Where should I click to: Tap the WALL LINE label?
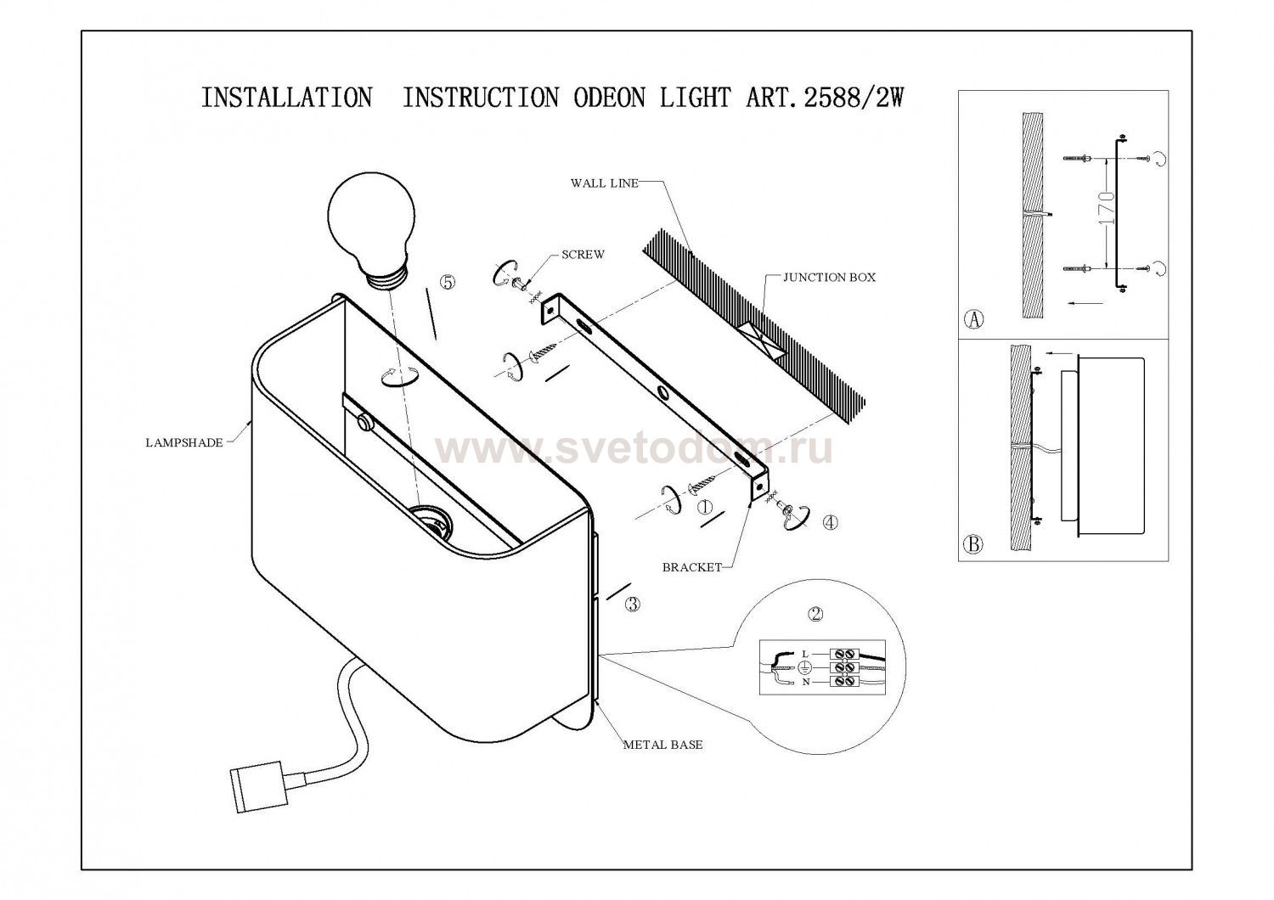604,183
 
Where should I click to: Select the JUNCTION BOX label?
829,277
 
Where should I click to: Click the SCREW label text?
583,255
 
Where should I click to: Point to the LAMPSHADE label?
183,442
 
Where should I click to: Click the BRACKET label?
691,567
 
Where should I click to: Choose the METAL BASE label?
663,745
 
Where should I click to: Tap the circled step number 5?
448,283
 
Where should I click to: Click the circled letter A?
974,320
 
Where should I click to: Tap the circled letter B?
974,544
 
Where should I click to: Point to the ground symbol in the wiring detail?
801,667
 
